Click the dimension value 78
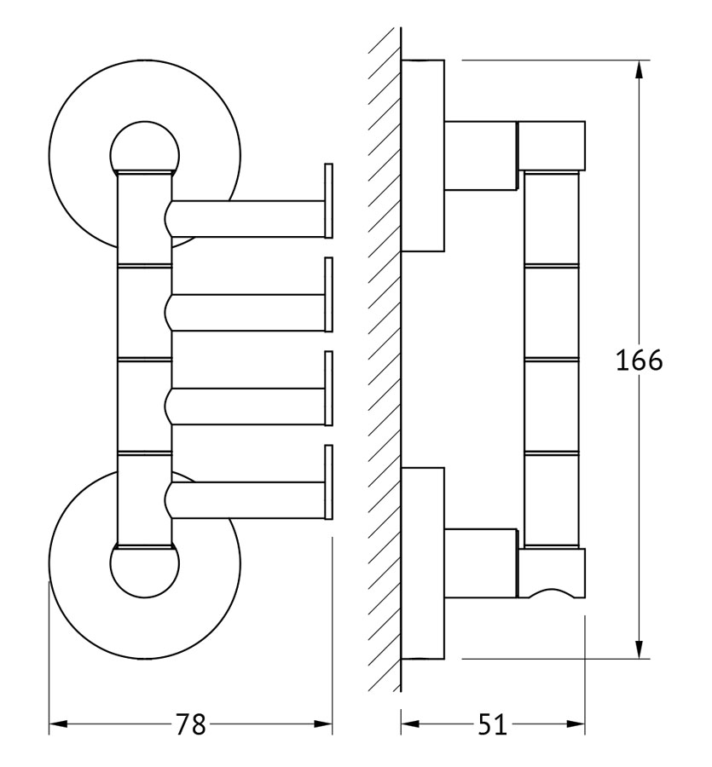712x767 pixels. pyautogui.click(x=190, y=724)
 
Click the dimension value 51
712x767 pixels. pyautogui.click(x=492, y=724)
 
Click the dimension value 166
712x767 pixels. pyautogui.click(x=639, y=360)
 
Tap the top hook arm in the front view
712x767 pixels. pyautogui.click(x=245, y=219)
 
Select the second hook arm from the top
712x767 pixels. pyautogui.click(x=245, y=313)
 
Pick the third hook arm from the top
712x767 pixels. pyautogui.click(x=245, y=407)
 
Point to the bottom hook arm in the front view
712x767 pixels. pyautogui.click(x=245, y=500)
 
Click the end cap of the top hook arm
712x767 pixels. pyautogui.click(x=329, y=200)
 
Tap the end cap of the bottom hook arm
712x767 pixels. pyautogui.click(x=329, y=482)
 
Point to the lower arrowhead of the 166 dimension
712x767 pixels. pyautogui.click(x=639, y=649)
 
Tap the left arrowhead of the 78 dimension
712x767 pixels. pyautogui.click(x=58, y=724)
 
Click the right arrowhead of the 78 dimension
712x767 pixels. pyautogui.click(x=323, y=724)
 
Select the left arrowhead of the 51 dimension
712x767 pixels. pyautogui.click(x=410, y=724)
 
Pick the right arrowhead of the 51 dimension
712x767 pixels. pyautogui.click(x=576, y=724)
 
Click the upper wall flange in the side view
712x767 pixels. pyautogui.click(x=423, y=156)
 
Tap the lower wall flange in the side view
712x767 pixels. pyautogui.click(x=423, y=563)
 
